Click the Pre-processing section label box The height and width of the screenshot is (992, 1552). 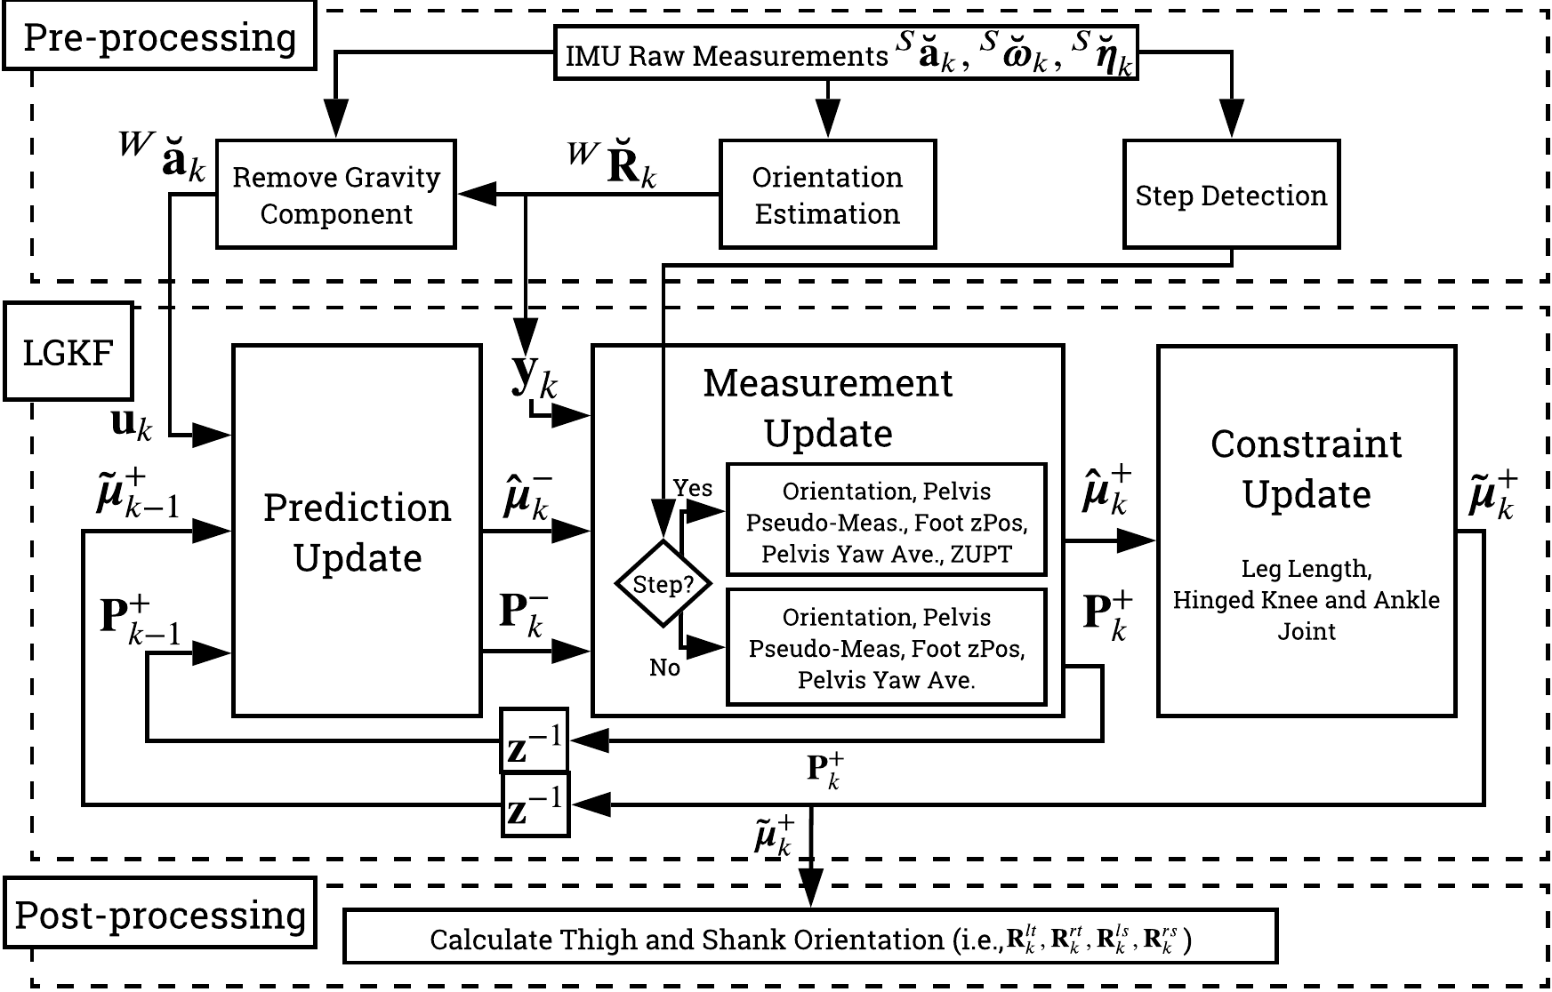[x=159, y=37]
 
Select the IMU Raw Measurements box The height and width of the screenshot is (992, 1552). [x=845, y=55]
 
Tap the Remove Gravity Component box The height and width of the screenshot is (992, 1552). [x=336, y=195]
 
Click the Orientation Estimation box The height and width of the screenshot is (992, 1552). [x=827, y=195]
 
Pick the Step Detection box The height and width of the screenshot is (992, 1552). [x=1231, y=195]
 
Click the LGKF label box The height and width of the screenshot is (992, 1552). [x=68, y=352]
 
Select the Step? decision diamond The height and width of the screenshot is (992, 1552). [x=663, y=584]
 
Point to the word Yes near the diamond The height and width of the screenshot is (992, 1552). [x=692, y=488]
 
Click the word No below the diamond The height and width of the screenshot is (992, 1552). [x=664, y=667]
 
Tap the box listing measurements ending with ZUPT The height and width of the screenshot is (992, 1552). [x=886, y=522]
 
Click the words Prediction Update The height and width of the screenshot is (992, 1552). [x=358, y=532]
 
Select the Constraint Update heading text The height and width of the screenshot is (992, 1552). [x=1306, y=468]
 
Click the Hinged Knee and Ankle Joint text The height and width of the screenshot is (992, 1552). [x=1306, y=600]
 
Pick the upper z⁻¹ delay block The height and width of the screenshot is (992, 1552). [x=535, y=740]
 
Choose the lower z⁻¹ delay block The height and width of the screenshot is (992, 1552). [x=535, y=804]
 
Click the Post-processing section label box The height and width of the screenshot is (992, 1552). [x=159, y=915]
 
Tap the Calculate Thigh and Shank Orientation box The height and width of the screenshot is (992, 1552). [x=809, y=938]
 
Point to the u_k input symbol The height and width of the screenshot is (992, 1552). [x=131, y=424]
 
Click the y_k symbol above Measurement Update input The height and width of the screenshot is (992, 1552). [x=534, y=378]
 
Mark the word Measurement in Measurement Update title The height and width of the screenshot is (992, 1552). [x=827, y=383]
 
